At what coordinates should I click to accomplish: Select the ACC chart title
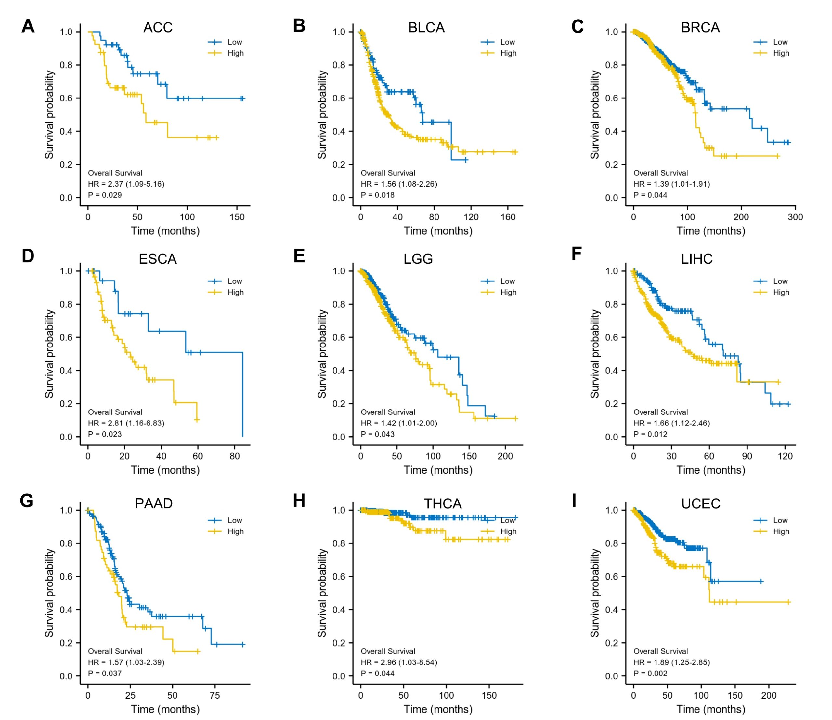[x=158, y=27]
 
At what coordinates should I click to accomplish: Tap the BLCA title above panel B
[x=426, y=27]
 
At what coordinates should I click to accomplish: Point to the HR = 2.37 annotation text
[x=126, y=184]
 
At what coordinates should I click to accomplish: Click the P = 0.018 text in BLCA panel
[x=377, y=195]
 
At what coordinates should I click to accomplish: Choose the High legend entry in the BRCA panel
[x=781, y=53]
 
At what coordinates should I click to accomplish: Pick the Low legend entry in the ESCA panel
[x=235, y=281]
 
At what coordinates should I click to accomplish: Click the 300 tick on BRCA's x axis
[x=795, y=217]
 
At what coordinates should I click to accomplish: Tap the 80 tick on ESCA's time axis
[x=235, y=456]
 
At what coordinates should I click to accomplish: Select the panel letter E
[x=299, y=256]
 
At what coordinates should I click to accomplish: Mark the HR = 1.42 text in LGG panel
[x=398, y=423]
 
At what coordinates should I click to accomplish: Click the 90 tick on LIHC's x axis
[x=747, y=456]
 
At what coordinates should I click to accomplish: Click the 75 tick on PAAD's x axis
[x=215, y=695]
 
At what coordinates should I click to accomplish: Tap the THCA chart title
[x=443, y=504]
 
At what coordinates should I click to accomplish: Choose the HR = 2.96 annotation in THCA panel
[x=398, y=662]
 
